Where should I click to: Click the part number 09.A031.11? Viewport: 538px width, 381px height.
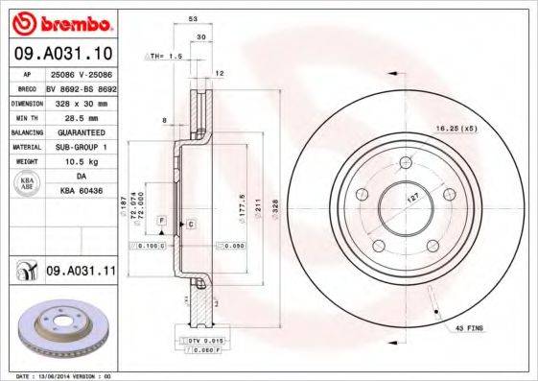pyautogui.click(x=81, y=272)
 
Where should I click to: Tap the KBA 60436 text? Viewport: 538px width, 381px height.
pyautogui.click(x=82, y=191)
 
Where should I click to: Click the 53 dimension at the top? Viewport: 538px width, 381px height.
pyautogui.click(x=193, y=18)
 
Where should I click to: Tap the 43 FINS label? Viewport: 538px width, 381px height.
pyautogui.click(x=469, y=328)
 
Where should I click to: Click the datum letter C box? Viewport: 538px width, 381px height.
pyautogui.click(x=191, y=224)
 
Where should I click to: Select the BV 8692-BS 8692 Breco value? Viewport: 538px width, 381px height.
pyautogui.click(x=82, y=86)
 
